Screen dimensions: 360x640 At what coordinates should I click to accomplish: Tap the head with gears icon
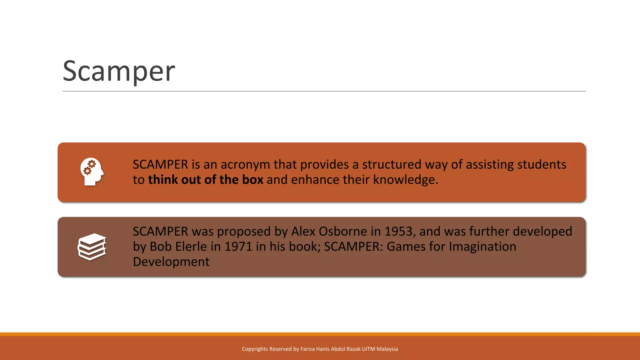click(x=91, y=172)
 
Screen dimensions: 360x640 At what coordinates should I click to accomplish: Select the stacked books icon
click(x=92, y=247)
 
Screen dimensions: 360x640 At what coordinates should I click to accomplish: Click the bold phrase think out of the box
click(x=205, y=180)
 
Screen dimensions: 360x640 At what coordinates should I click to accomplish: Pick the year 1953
click(x=398, y=232)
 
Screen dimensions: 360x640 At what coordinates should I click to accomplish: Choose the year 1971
click(x=238, y=247)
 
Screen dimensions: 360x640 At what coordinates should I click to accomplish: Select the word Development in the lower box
click(x=171, y=262)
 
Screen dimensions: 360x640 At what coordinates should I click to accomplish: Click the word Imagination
click(x=482, y=247)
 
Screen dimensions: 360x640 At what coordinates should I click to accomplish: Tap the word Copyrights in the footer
click(x=255, y=349)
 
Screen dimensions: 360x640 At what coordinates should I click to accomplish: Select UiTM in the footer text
click(x=368, y=349)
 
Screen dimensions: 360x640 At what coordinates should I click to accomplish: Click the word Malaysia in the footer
click(x=387, y=349)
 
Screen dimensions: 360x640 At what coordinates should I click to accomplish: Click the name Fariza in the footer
click(x=307, y=349)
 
